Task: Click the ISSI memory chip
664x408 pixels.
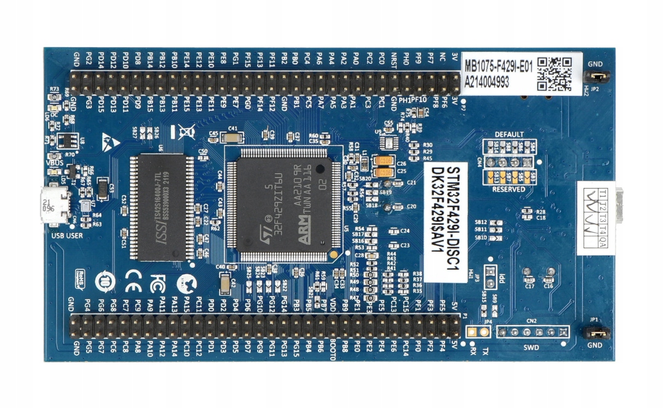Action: (162, 206)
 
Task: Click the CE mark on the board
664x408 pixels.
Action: (131, 283)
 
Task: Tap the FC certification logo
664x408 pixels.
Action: (157, 283)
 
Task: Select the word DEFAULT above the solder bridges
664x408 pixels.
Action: (509, 135)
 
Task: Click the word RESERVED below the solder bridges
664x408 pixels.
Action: (508, 189)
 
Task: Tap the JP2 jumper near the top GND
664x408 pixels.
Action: (596, 77)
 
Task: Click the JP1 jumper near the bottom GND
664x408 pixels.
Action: (596, 332)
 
